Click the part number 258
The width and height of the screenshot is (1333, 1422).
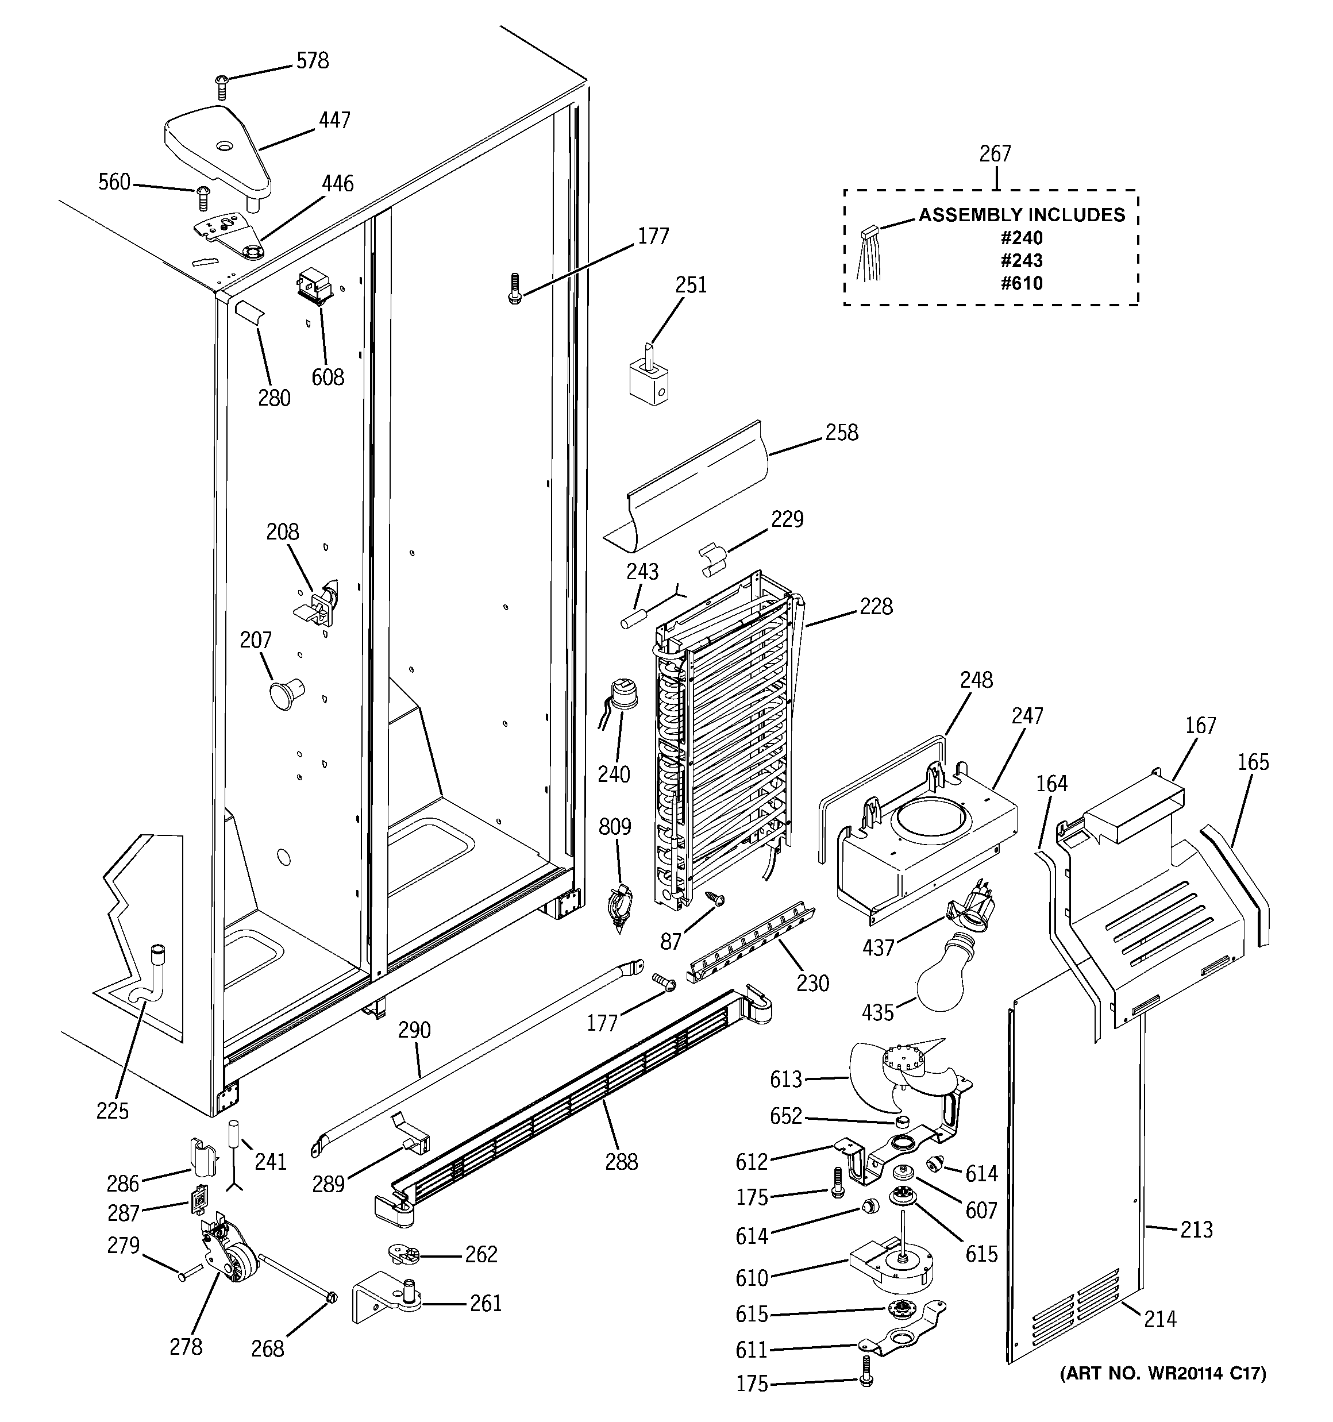tap(841, 433)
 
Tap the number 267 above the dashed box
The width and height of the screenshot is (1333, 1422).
tap(995, 154)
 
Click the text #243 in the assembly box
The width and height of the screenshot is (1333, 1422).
tap(1021, 260)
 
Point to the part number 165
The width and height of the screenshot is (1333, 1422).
tap(1253, 762)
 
